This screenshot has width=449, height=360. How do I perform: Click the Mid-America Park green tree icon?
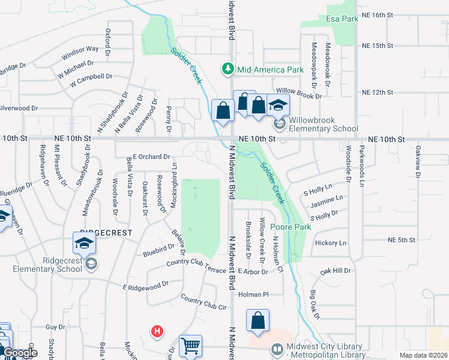[x=228, y=70]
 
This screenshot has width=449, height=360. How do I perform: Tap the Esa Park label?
[x=342, y=19]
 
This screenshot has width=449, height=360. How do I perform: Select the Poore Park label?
[x=291, y=227]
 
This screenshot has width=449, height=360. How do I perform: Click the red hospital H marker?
[x=157, y=331]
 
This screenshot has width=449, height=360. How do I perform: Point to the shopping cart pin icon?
[x=190, y=346]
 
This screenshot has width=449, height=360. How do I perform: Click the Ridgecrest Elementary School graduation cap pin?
[x=84, y=243]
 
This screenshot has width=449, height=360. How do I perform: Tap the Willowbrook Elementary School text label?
[x=323, y=124]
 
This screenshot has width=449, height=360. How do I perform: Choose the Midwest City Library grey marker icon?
[x=277, y=348]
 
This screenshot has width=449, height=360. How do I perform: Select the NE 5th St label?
[x=402, y=240]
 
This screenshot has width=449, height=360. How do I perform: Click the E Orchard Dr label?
[x=151, y=157]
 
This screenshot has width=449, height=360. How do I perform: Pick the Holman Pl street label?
[x=252, y=295]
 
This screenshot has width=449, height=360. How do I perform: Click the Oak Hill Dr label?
[x=335, y=271]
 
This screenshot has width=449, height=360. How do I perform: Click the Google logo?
[x=20, y=353]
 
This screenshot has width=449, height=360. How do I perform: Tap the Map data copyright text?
[x=423, y=355]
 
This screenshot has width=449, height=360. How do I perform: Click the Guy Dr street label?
[x=55, y=327]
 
